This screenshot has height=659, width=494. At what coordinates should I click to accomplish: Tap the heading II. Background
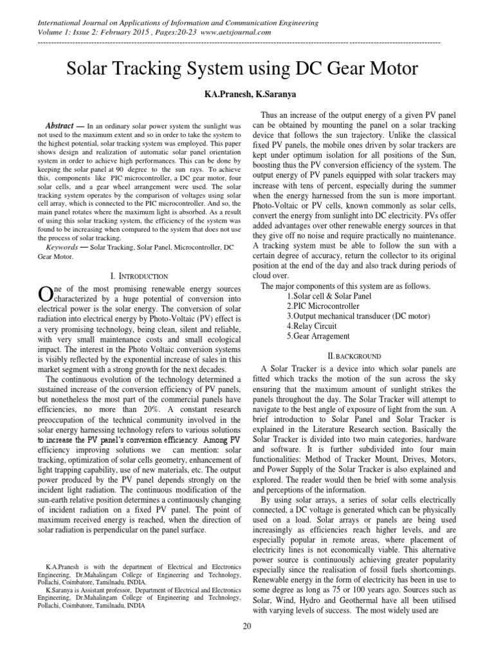(354, 356)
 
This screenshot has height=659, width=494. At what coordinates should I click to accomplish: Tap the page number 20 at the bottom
(247, 644)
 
